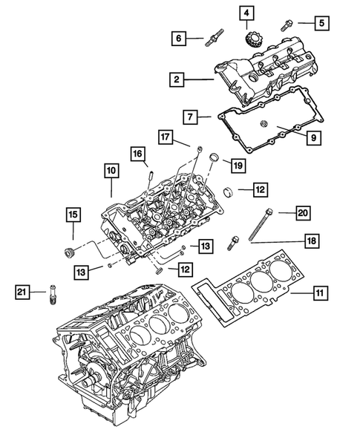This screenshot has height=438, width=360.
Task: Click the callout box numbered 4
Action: tap(246, 13)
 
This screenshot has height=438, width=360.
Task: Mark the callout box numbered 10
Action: tap(111, 171)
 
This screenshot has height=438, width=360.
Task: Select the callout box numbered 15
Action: tap(72, 215)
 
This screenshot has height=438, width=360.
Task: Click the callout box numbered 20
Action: tap(302, 212)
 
